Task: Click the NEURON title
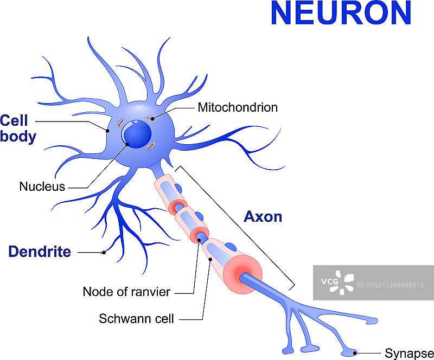tap(341, 14)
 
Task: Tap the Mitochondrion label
tap(238, 107)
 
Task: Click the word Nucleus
tap(42, 187)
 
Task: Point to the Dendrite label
tap(40, 252)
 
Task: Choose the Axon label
tap(263, 217)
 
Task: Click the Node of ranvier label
tap(126, 292)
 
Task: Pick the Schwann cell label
tap(136, 319)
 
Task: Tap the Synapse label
tap(409, 353)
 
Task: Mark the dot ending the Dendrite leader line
tap(104, 252)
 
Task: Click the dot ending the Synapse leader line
tap(355, 352)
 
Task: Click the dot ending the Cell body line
tap(108, 130)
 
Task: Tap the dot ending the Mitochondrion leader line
tap(152, 119)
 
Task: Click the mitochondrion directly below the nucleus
tap(151, 145)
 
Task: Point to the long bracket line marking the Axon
tap(236, 227)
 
